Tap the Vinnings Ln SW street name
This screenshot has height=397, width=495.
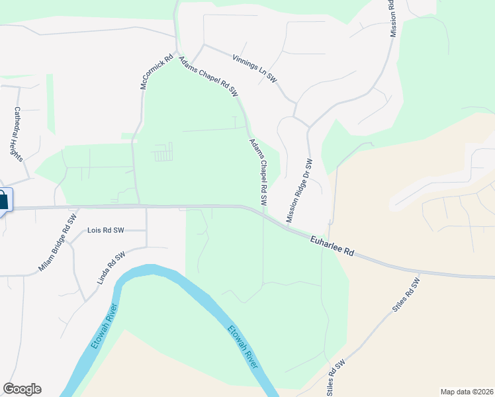pyautogui.click(x=255, y=68)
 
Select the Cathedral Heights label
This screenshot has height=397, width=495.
pyautogui.click(x=18, y=134)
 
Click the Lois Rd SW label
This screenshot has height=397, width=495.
pyautogui.click(x=106, y=230)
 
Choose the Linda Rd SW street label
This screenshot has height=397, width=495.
pyautogui.click(x=111, y=268)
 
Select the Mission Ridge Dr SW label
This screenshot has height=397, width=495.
pyautogui.click(x=298, y=191)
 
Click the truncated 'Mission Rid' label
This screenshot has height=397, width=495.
pyautogui.click(x=392, y=18)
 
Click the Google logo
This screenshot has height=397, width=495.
pyautogui.click(x=22, y=389)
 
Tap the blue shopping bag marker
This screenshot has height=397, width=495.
pyautogui.click(x=3, y=200)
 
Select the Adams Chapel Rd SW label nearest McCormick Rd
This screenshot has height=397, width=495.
pyautogui.click(x=208, y=77)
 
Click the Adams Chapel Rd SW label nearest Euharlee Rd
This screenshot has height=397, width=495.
pyautogui.click(x=258, y=171)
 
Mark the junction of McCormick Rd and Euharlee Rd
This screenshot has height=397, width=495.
pyautogui.click(x=139, y=206)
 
